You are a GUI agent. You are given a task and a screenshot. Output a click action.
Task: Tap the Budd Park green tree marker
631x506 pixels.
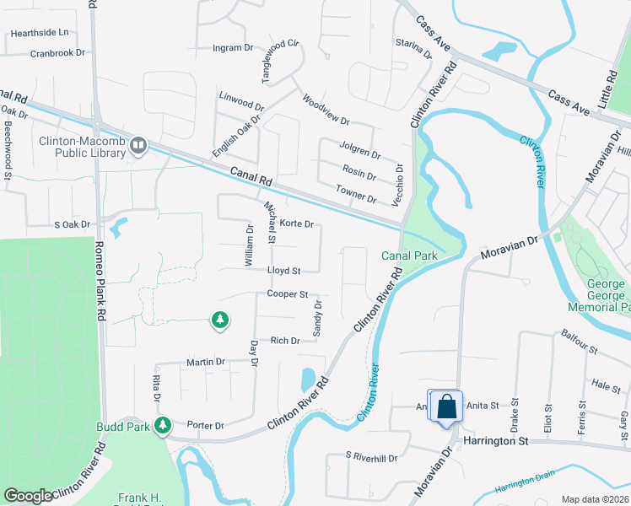166,425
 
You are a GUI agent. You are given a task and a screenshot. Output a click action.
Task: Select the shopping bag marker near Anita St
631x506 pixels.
447,407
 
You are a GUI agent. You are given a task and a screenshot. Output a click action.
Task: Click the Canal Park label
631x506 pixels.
409,256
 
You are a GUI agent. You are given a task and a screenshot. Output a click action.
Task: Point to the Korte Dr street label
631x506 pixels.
297,224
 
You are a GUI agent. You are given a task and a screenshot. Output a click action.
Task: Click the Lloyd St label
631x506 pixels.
284,271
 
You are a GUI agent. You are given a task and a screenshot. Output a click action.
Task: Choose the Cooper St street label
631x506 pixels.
287,294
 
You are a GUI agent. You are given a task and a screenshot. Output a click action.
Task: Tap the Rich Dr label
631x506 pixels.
285,341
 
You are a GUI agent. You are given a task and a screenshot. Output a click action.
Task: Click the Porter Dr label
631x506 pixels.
206,425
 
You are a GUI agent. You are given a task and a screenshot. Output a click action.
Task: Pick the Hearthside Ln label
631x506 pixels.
38,33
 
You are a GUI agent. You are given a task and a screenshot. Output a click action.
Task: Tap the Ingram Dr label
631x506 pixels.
233,48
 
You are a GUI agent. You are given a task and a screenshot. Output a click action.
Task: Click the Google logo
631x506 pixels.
28,496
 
